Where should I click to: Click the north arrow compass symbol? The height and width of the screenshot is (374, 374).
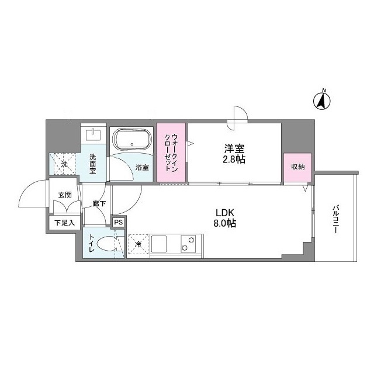(x=322, y=101)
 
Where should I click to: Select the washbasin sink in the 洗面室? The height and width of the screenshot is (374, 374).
(x=93, y=134)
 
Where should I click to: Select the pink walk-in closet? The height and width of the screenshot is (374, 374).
(x=171, y=153)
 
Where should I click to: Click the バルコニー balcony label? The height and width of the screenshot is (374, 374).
(x=337, y=219)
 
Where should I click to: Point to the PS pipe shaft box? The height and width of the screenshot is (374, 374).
(x=118, y=222)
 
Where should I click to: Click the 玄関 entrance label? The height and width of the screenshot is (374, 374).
(x=65, y=195)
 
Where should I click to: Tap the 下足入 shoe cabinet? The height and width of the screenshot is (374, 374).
(x=64, y=223)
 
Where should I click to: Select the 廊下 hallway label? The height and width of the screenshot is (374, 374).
(x=98, y=204)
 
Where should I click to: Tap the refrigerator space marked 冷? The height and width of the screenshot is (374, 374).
(x=138, y=244)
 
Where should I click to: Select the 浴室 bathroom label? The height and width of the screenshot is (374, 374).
(x=142, y=168)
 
